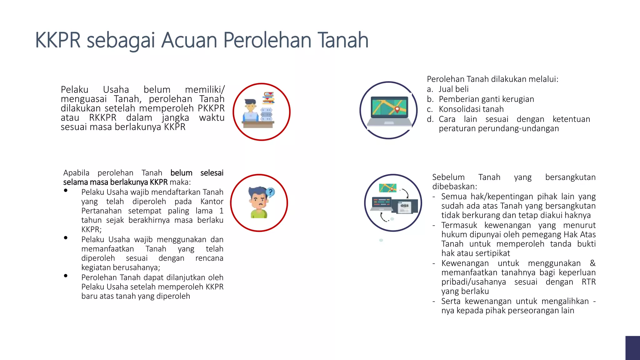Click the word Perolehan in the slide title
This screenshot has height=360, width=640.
(267, 40)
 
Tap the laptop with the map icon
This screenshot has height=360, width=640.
(389, 111)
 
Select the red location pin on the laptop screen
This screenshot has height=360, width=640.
(397, 109)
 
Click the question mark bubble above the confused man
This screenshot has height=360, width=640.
(271, 192)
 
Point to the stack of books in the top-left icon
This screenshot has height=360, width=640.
(268, 98)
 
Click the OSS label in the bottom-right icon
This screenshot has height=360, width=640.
(404, 205)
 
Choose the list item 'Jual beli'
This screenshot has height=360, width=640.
(453, 89)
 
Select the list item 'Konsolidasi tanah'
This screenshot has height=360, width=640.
(471, 109)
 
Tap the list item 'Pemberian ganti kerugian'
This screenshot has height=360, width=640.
(486, 99)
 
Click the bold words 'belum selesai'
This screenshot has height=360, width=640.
(197, 173)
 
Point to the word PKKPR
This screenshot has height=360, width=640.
(211, 108)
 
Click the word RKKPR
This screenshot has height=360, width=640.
(102, 118)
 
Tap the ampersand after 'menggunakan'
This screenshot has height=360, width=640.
(592, 263)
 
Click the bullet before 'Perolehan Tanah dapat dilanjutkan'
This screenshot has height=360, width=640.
(66, 276)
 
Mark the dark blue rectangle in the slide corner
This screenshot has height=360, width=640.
(632, 348)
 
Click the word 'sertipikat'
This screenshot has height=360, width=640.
(491, 253)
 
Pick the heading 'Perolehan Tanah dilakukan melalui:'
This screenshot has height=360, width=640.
(492, 79)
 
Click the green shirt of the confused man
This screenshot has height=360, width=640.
(259, 214)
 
